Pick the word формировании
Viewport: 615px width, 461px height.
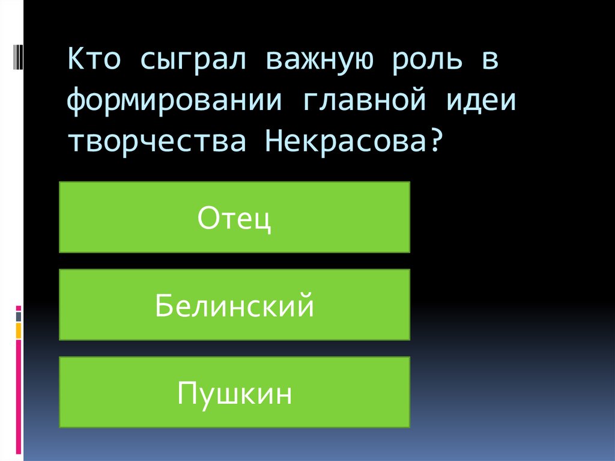pos(174,102)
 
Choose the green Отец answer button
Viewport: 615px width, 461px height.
pos(234,217)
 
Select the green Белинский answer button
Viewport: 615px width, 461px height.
pos(234,305)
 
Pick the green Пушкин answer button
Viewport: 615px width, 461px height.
pos(234,392)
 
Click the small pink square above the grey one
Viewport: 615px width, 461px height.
pos(19,308)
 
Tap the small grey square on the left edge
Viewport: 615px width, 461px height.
pos(19,316)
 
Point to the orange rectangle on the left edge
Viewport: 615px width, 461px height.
pos(19,330)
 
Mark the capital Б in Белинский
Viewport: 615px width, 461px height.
pos(163,305)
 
